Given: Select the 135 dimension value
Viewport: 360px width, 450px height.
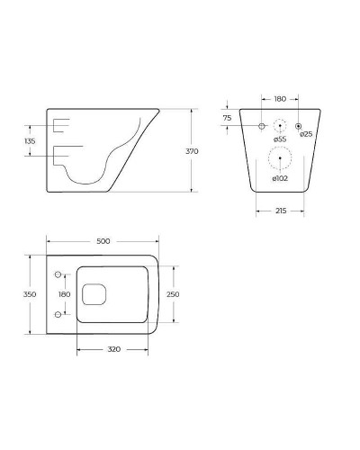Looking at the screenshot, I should coord(30,141).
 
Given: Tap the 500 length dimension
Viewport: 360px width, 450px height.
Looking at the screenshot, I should coord(103,241).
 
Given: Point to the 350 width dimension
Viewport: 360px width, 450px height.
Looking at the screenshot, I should coord(30,294).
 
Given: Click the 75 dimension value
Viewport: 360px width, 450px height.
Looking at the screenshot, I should coord(228,118).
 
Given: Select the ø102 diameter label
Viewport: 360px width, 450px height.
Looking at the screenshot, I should coord(280,178).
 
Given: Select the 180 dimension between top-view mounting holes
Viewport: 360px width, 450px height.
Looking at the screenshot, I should coord(64,294).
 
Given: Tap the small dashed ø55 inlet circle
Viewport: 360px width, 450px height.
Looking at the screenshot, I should coord(281,125).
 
